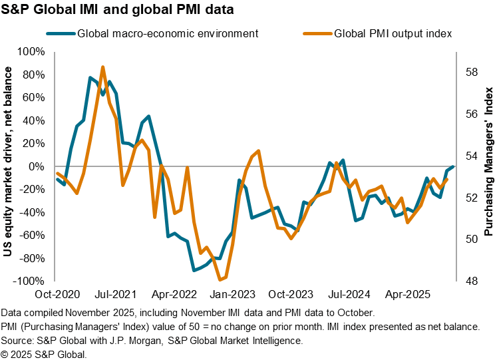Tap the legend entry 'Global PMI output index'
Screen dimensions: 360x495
tap(392, 33)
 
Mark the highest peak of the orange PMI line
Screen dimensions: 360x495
tap(102, 67)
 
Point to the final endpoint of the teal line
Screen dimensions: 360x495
tap(453, 166)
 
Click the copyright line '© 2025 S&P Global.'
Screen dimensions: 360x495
tap(44, 353)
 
